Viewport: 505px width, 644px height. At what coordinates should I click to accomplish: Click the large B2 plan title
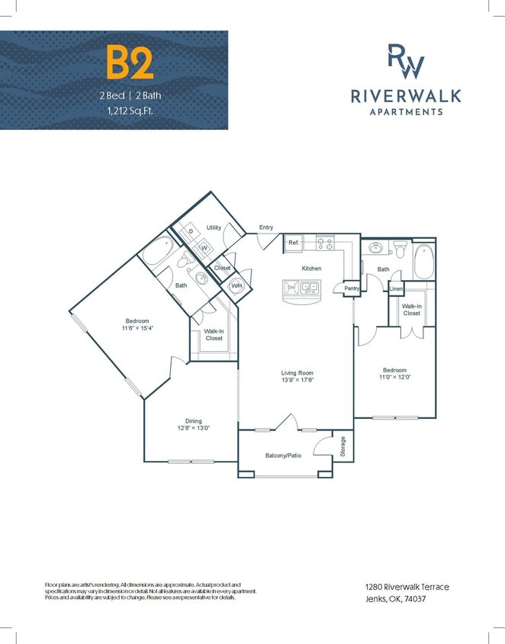pyautogui.click(x=130, y=63)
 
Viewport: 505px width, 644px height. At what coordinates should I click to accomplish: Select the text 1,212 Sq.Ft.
pyautogui.click(x=130, y=110)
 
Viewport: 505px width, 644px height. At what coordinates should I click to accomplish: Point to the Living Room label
pyautogui.click(x=298, y=373)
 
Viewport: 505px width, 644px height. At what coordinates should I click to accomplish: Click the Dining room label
pyautogui.click(x=192, y=420)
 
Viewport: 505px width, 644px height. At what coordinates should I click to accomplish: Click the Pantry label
pyautogui.click(x=352, y=288)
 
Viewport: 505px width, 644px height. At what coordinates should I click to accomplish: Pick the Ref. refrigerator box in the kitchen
pyautogui.click(x=294, y=243)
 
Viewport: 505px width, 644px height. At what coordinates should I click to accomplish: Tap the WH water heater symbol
pyautogui.click(x=236, y=286)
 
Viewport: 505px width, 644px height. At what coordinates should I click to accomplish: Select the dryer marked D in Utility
pyautogui.click(x=191, y=231)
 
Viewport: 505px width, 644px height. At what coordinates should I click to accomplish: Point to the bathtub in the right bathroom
pyautogui.click(x=424, y=261)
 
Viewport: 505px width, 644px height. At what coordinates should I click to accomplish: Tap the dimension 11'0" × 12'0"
pyautogui.click(x=394, y=376)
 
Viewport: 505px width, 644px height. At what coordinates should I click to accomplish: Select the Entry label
pyautogui.click(x=266, y=227)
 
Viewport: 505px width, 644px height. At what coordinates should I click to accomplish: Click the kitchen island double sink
pyautogui.click(x=310, y=288)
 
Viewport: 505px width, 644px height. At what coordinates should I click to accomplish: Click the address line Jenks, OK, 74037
pyautogui.click(x=395, y=598)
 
